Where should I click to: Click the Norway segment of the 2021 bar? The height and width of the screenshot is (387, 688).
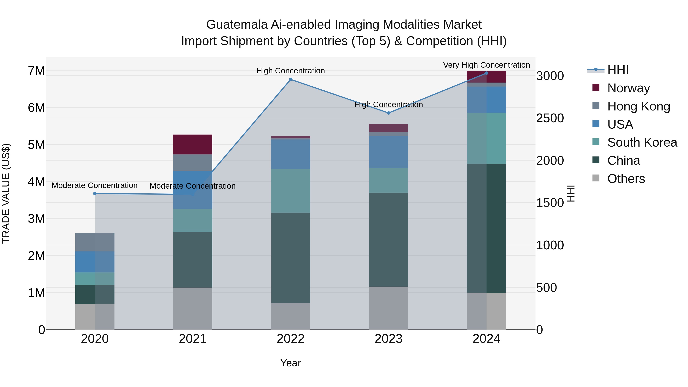[193, 144]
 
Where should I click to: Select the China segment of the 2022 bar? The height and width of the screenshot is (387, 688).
[290, 258]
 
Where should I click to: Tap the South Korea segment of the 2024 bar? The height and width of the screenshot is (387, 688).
[486, 138]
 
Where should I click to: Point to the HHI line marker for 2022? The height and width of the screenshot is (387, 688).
[290, 79]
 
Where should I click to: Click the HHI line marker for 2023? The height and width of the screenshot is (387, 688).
[389, 113]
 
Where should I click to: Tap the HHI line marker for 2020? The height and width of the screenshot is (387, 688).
[95, 193]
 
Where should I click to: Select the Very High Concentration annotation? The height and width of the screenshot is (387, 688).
[486, 65]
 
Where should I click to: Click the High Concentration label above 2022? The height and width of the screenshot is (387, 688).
[290, 71]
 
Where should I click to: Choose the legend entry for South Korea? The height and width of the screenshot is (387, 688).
[642, 142]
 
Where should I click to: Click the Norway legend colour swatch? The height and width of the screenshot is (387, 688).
[596, 88]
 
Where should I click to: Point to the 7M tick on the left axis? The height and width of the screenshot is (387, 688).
[36, 71]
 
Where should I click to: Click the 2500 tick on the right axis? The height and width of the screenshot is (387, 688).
[550, 118]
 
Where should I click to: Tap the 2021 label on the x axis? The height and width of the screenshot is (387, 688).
[193, 339]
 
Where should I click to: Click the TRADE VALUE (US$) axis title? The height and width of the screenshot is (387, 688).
[6, 193]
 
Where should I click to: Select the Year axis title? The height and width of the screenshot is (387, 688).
[290, 363]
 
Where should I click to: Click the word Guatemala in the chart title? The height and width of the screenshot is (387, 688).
[237, 25]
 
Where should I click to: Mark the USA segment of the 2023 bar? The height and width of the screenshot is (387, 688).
[389, 152]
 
